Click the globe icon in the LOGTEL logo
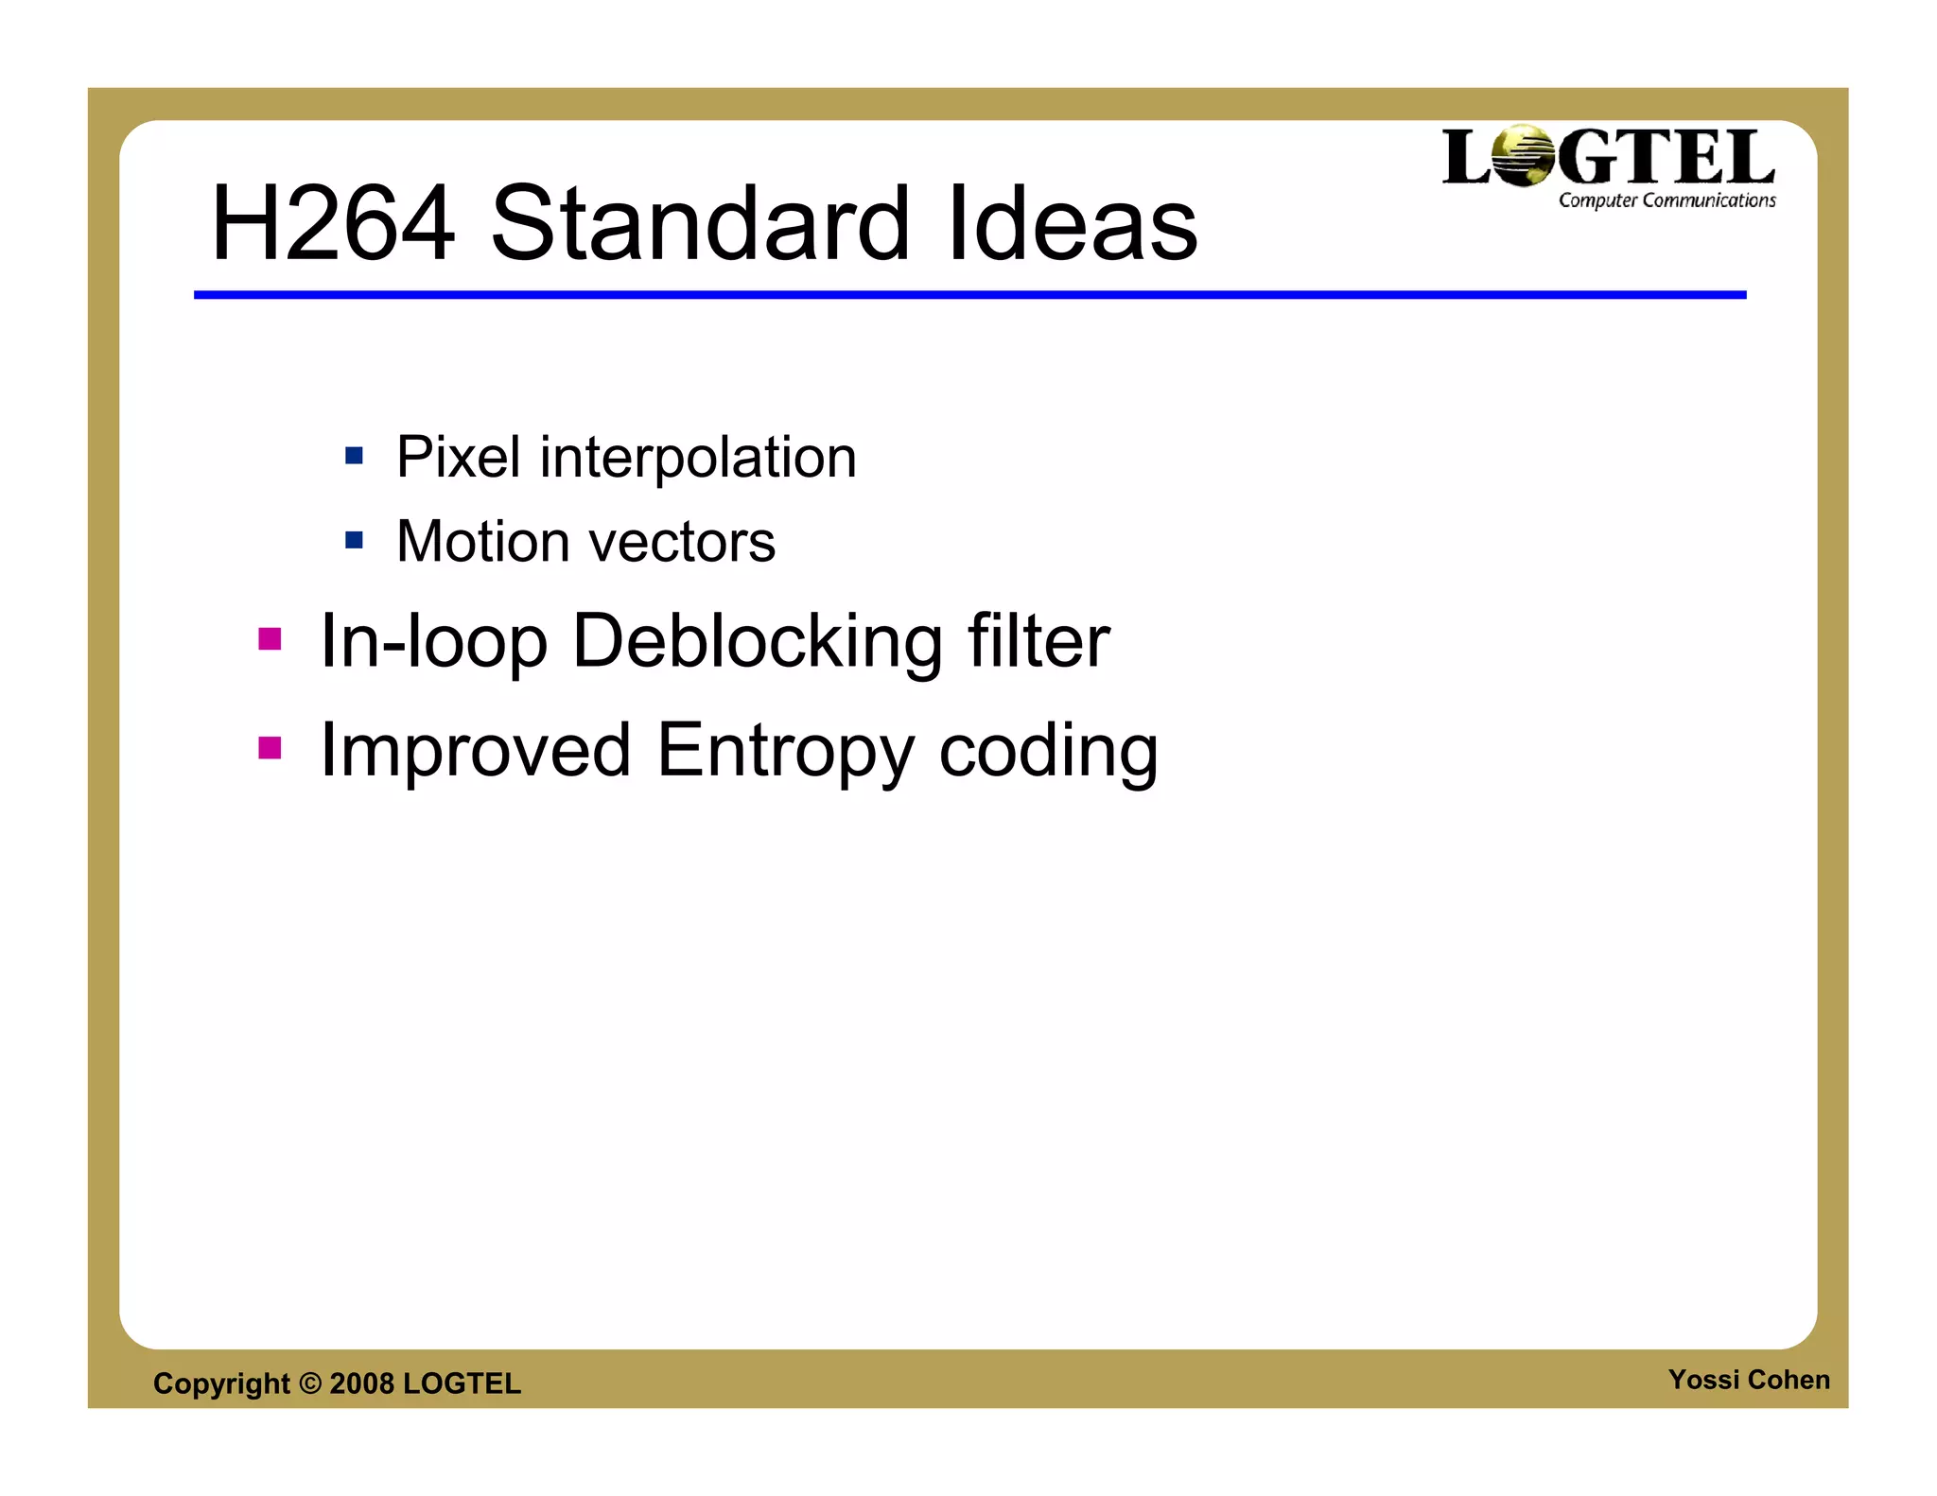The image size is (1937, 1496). [1522, 156]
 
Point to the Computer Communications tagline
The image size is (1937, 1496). [1667, 200]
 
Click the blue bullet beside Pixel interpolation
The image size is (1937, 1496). [355, 457]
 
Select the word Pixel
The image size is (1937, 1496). [458, 458]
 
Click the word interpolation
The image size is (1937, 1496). [698, 458]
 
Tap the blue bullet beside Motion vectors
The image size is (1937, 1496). [355, 541]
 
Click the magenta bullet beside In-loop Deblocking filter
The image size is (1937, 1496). [270, 640]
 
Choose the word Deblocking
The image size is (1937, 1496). [758, 642]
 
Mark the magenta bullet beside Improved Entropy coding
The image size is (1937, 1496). [270, 749]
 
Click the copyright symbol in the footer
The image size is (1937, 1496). [310, 1383]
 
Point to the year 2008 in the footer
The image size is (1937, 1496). [361, 1383]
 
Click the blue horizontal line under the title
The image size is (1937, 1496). [969, 295]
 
